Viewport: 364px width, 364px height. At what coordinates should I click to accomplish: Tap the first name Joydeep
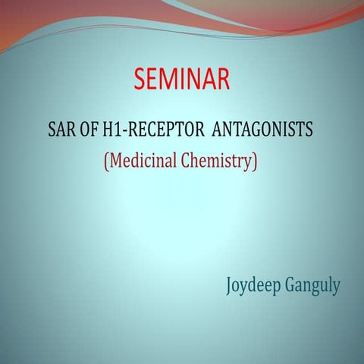point(253,287)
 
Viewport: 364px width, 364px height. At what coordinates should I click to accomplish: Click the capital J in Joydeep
point(229,287)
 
